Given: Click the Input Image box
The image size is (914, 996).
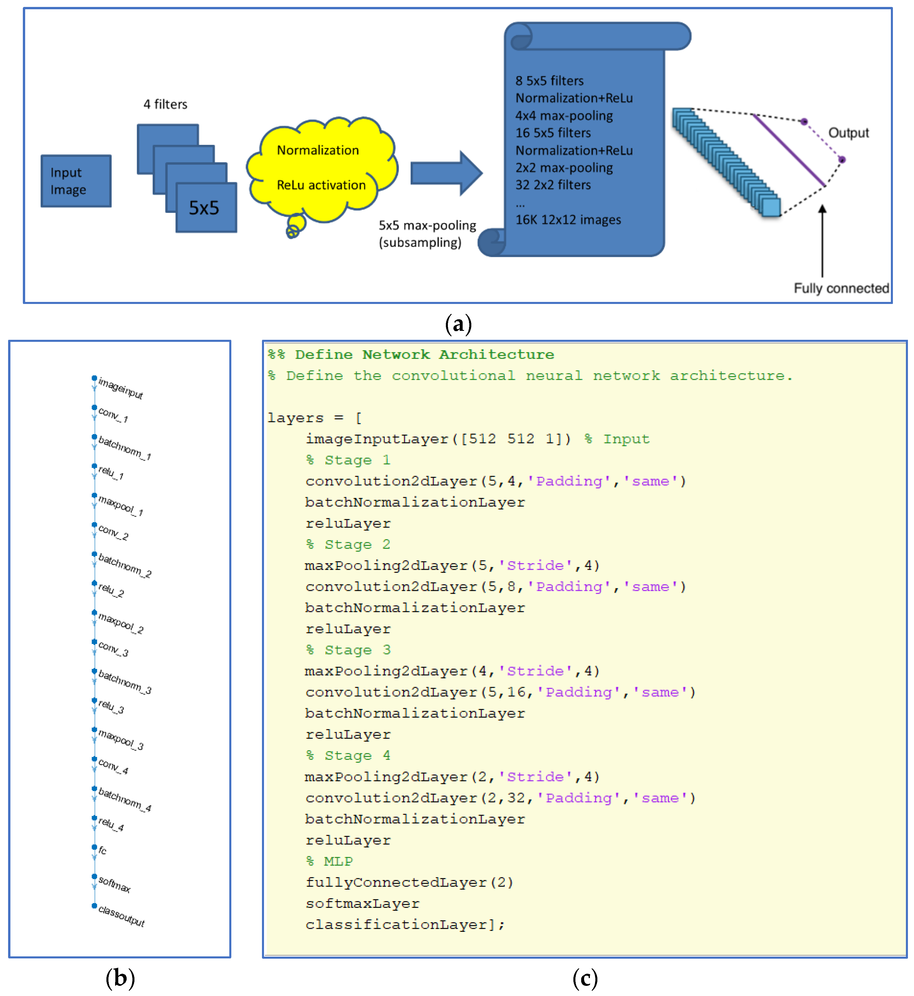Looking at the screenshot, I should pos(76,181).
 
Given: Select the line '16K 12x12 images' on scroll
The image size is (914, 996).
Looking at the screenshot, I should pos(568,220).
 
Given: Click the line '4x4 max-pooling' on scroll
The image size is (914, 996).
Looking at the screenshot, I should pos(564,116).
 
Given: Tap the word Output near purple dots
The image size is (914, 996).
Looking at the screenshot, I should pos(848,133).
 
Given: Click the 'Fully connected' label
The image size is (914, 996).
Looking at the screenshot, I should pos(841,288).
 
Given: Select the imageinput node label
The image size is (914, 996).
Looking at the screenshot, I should pos(120,388).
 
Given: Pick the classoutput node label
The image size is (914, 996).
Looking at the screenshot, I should pos(121,916).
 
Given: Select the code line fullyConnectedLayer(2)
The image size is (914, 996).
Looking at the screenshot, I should pos(409,883).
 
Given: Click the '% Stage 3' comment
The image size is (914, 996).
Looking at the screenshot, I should pos(348,650).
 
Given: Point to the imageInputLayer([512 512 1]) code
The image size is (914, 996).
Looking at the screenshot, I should pos(438,439).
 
